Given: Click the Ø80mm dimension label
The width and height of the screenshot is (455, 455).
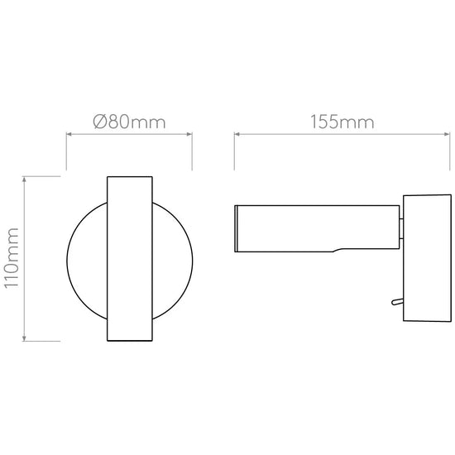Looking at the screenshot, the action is (x=129, y=122).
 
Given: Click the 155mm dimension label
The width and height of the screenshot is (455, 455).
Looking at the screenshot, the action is (x=342, y=122).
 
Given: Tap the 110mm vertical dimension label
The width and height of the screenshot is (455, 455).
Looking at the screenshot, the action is (x=12, y=258).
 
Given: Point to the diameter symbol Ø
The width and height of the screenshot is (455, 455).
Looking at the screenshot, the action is (x=100, y=122).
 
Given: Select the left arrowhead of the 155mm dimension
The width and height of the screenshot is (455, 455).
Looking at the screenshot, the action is (x=237, y=134).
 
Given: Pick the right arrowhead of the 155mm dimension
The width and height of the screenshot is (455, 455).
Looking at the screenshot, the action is (x=448, y=134).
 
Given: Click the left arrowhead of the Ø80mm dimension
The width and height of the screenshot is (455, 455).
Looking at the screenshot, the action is (x=69, y=134).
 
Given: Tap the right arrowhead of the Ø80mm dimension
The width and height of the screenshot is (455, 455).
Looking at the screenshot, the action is (x=189, y=134).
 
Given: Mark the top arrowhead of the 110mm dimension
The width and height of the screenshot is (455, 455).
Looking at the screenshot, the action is (x=24, y=179).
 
